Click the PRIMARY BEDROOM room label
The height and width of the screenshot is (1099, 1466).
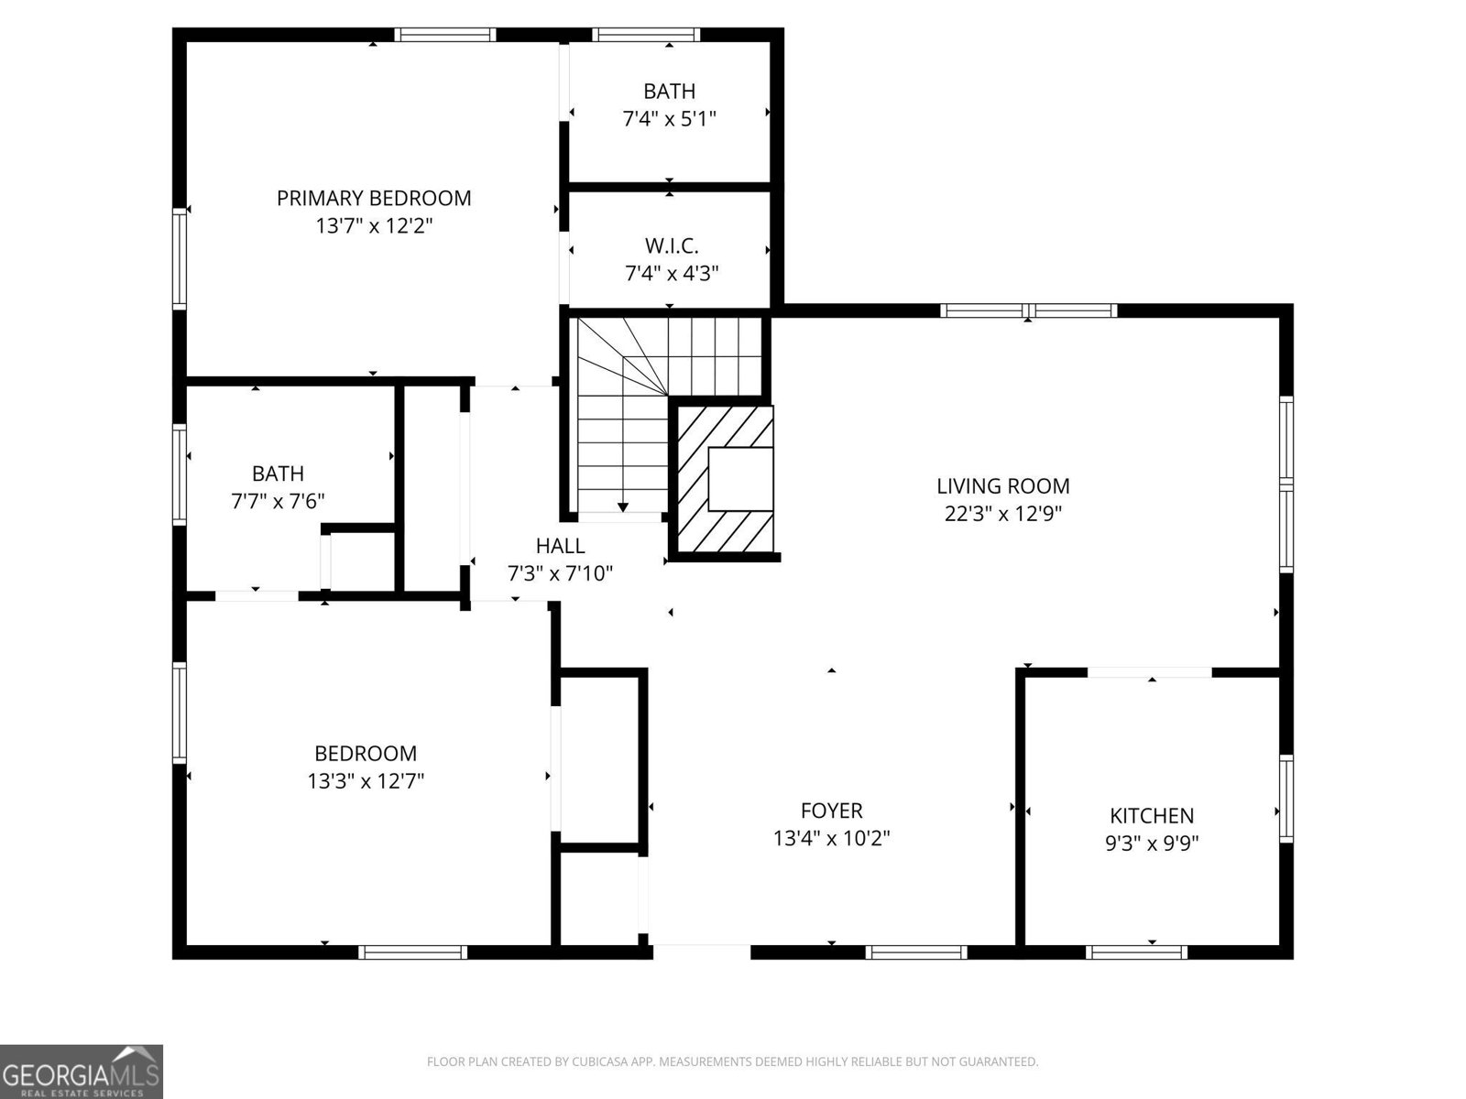click(374, 198)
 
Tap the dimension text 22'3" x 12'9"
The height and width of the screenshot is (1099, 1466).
click(1002, 514)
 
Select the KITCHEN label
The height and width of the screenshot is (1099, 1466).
click(1152, 815)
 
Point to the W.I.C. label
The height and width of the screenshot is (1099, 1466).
click(671, 245)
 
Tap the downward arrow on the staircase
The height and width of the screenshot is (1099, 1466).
click(623, 506)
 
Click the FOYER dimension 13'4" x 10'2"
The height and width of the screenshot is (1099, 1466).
click(831, 838)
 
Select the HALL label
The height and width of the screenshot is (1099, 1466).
click(560, 546)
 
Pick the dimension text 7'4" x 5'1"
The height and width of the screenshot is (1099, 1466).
click(669, 118)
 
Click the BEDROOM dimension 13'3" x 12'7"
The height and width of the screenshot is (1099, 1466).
click(366, 781)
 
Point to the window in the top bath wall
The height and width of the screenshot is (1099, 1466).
click(646, 35)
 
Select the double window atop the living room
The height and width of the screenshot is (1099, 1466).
click(1029, 310)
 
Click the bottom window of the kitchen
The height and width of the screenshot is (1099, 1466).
click(1136, 952)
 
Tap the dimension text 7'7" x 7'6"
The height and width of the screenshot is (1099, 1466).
click(278, 501)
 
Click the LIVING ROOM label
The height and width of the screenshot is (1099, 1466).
click(1002, 486)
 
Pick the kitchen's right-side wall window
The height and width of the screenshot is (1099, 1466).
click(1286, 799)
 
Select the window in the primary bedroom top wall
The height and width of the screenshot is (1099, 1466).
click(445, 35)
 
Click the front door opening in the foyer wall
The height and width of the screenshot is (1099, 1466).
click(701, 952)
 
